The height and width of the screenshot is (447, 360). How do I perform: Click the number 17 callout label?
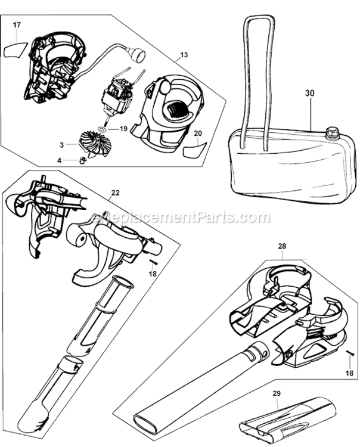(x=17, y=25)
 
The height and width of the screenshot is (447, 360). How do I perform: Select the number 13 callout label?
(x=182, y=55)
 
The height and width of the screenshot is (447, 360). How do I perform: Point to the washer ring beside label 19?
(x=103, y=128)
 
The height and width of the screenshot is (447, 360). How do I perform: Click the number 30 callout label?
(x=309, y=94)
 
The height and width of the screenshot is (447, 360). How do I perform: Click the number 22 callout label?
(x=115, y=193)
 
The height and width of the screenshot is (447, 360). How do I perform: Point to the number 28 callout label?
(x=283, y=246)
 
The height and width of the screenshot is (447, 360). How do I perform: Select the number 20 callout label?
(x=198, y=134)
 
